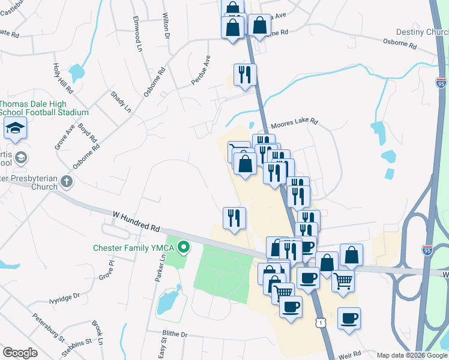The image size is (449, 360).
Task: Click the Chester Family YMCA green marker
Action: [x=185, y=247]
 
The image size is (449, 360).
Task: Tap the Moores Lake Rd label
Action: [x=294, y=125]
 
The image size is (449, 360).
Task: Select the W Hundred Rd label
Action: [x=136, y=220]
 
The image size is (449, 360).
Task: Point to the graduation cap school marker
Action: [x=15, y=128]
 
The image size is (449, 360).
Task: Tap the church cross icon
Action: [x=66, y=181]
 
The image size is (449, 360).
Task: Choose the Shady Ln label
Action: [x=120, y=101]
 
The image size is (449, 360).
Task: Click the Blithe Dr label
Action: [x=175, y=334]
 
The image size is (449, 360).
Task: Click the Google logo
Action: [x=20, y=353]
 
